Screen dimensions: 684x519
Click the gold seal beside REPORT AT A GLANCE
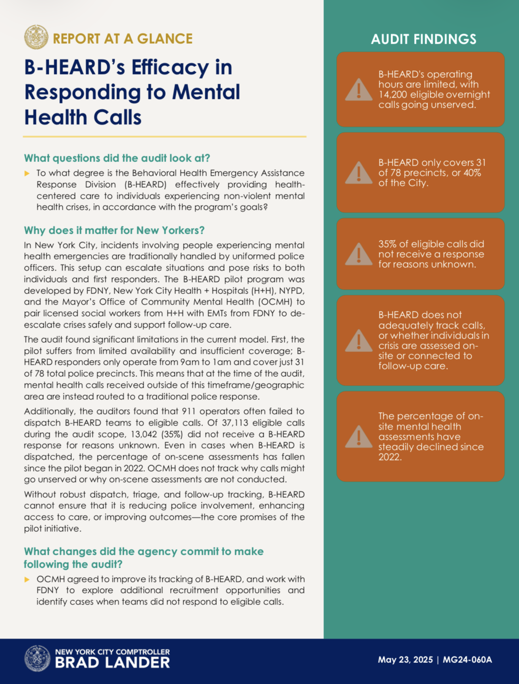(x=36, y=37)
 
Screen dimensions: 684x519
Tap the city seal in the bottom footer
(x=37, y=658)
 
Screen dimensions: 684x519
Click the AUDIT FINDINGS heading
(x=423, y=39)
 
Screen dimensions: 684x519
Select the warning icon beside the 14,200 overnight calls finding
(x=358, y=90)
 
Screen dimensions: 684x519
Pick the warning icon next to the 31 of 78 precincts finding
(x=358, y=173)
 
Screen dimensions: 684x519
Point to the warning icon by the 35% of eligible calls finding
(x=358, y=254)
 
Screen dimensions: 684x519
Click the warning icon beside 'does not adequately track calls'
(x=358, y=341)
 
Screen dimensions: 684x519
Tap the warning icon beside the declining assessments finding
(x=358, y=437)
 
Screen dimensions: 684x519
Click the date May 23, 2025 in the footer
(x=405, y=660)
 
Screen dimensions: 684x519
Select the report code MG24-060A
(x=467, y=660)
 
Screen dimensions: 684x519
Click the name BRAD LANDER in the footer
(x=112, y=663)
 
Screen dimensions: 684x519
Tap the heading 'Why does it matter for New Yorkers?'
(x=114, y=230)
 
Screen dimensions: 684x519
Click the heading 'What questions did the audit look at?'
(x=117, y=158)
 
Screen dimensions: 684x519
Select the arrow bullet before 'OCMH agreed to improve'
(x=27, y=580)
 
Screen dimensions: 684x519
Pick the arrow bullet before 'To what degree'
(x=27, y=173)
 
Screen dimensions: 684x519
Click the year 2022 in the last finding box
(x=390, y=457)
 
